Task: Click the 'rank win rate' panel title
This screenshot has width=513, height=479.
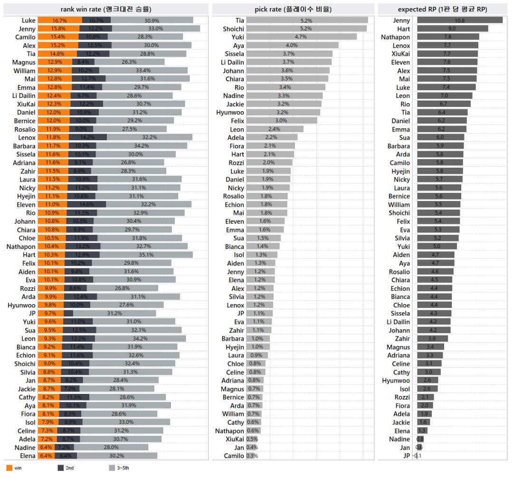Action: coord(106,9)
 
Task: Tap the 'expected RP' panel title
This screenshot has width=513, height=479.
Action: coord(443,9)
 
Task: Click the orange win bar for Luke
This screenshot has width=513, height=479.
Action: coord(60,20)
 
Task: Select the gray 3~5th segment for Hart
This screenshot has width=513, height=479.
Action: coord(146,255)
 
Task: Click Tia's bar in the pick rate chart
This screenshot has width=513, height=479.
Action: coord(307,20)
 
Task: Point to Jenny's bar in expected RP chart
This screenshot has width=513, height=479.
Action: coord(459,20)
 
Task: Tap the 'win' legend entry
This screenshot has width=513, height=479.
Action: coord(14,468)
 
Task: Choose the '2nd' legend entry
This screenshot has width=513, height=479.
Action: coord(66,468)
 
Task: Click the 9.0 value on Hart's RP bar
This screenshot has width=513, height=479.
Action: coord(452,29)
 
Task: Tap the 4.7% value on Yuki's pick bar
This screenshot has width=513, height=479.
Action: coord(301,37)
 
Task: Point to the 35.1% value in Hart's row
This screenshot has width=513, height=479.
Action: coord(146,255)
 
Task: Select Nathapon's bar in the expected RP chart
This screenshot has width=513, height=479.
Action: coord(448,37)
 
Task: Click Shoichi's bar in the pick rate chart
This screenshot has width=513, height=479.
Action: coord(306,29)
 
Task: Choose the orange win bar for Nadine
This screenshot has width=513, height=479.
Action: coord(46,448)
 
